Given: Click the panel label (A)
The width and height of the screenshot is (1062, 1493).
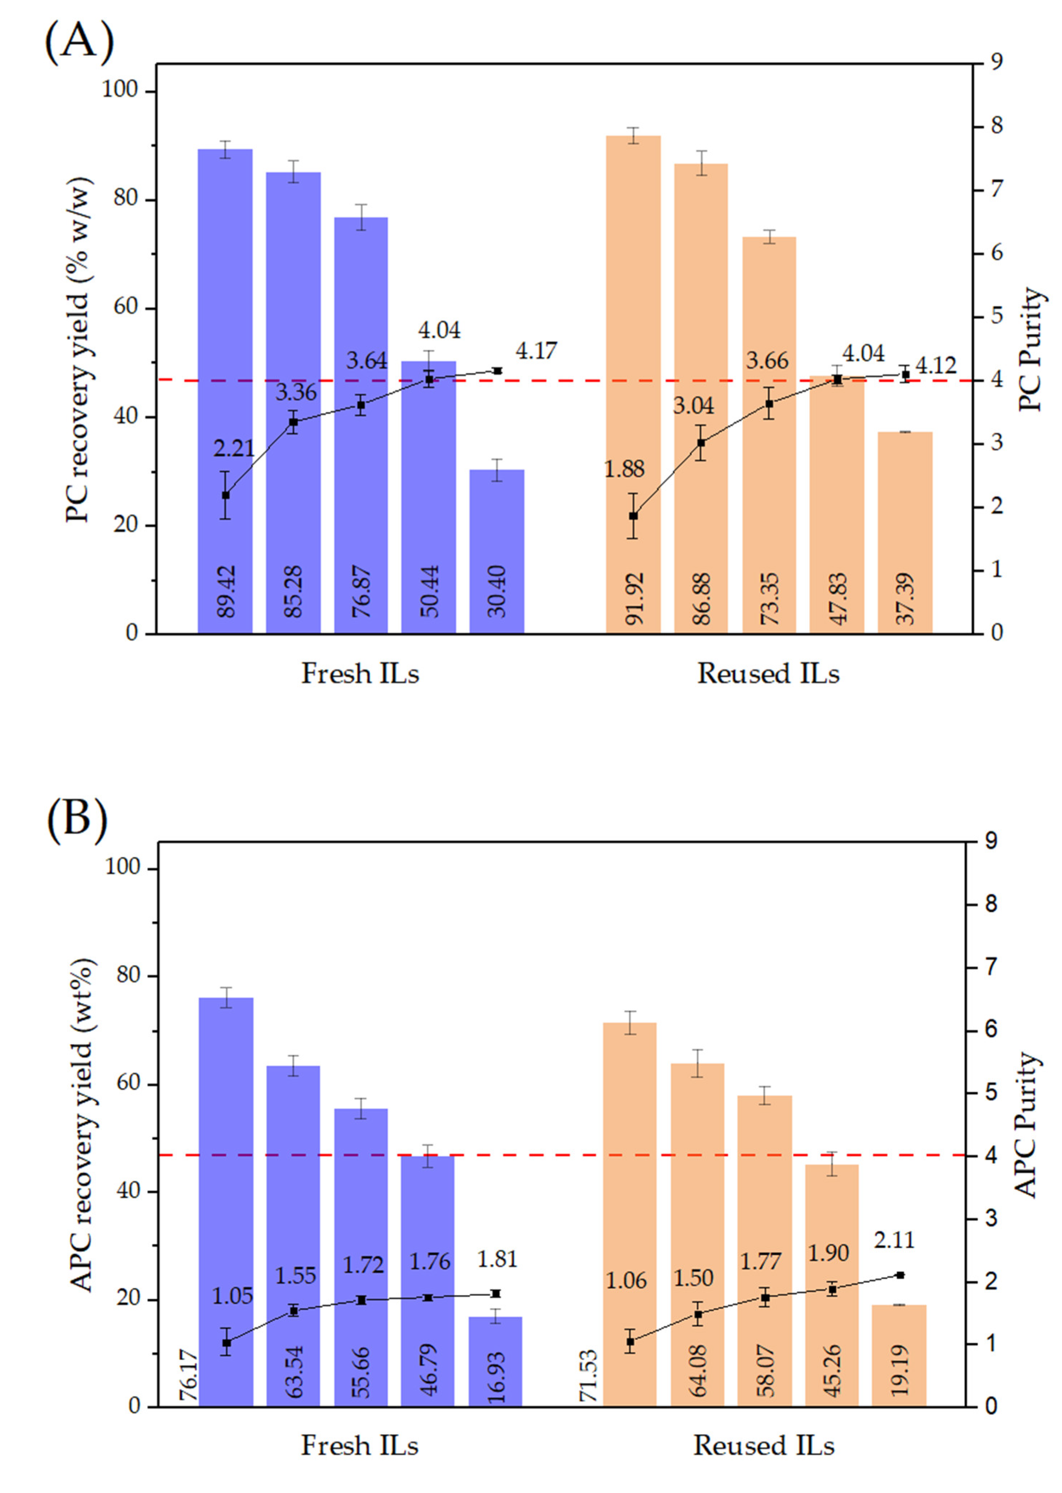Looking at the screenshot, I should (79, 40).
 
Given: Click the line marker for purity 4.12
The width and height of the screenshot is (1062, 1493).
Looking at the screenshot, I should (905, 375).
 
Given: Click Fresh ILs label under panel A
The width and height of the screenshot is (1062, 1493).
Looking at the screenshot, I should (360, 673).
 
